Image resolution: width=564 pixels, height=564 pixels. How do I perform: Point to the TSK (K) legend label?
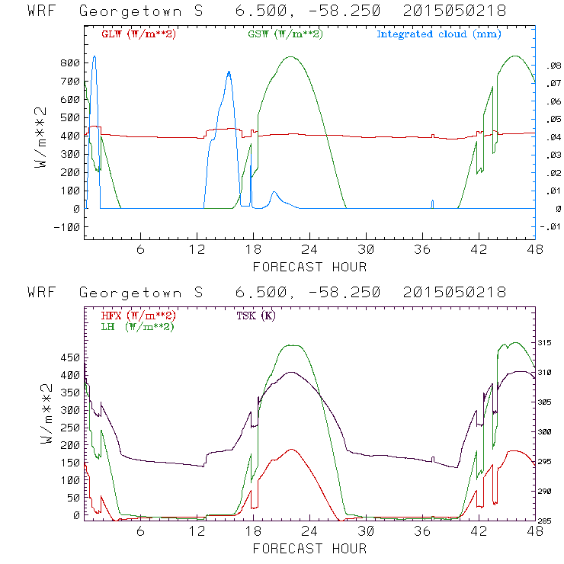click(x=255, y=316)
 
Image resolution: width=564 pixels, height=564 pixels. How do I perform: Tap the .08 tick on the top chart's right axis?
click(x=549, y=66)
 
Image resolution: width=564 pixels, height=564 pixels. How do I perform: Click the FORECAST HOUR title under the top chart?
click(x=309, y=267)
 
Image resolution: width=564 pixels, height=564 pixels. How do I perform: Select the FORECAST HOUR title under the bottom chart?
click(x=309, y=548)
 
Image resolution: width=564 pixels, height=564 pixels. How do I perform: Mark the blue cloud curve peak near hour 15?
click(x=229, y=72)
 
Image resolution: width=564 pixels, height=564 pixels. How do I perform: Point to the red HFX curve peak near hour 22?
click(x=291, y=450)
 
